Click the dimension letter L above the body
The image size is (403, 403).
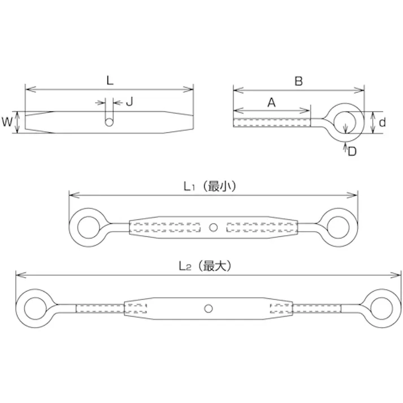pos(110,80)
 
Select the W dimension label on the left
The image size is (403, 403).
pos(7,122)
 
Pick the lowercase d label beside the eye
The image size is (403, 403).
pos(383,122)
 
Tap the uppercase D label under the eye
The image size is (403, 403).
pos(352,151)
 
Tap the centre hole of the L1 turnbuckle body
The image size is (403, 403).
pos(213,228)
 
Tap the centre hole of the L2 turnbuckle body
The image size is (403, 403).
pos(209,308)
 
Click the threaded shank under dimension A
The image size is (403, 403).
pos(272,123)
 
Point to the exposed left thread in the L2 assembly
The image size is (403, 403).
pos(100,308)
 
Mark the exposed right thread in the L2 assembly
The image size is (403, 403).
pos(317,308)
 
